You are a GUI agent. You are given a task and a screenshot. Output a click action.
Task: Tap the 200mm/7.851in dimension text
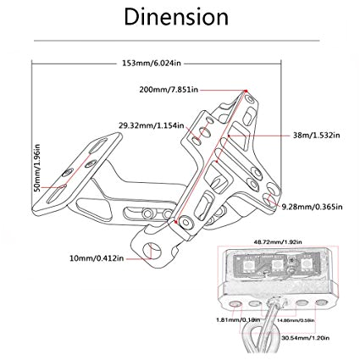click(x=169, y=89)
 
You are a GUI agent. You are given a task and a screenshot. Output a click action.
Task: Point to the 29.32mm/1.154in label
click(x=152, y=125)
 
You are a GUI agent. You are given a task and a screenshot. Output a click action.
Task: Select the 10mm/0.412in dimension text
click(x=97, y=258)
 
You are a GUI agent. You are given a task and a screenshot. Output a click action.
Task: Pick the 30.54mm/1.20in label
click(x=305, y=337)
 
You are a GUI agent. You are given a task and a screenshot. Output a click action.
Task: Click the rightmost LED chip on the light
click(x=304, y=269)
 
